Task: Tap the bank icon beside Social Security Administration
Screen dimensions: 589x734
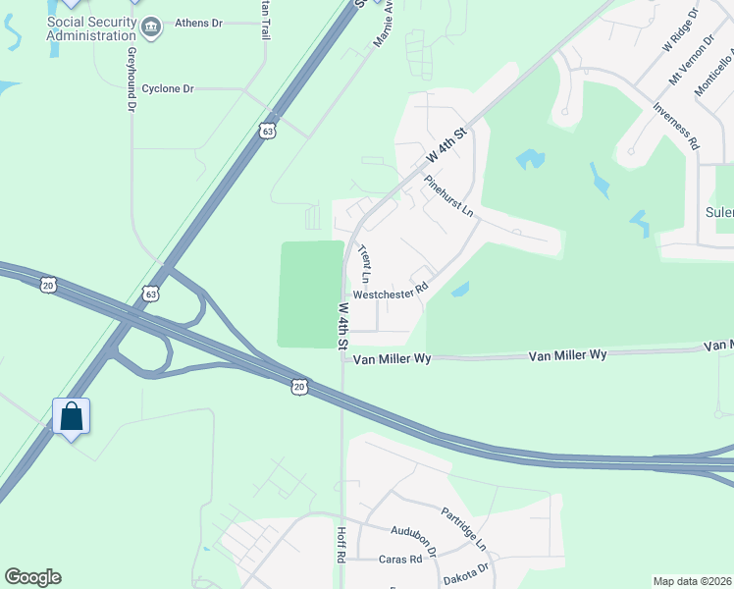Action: (152, 24)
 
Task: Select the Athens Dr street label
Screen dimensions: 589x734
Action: (198, 23)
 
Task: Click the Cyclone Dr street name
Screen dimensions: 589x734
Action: (168, 88)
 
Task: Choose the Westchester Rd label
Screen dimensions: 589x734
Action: (391, 293)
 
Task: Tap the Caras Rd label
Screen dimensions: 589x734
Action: (399, 560)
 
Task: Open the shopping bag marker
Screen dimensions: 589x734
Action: (72, 416)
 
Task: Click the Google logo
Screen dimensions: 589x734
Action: (32, 577)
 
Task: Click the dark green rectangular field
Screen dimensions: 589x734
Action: (311, 294)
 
